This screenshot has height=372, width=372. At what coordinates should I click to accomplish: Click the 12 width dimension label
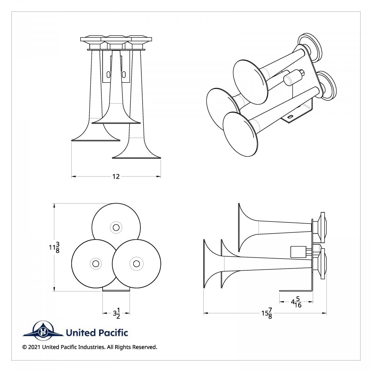[x=116, y=177]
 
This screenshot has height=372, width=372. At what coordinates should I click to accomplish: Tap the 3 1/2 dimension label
[x=116, y=313]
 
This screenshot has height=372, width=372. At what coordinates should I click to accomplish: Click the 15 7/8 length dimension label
[x=267, y=313]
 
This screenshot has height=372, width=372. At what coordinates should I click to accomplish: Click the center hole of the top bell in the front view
[x=116, y=228]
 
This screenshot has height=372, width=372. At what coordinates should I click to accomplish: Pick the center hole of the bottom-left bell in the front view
[x=95, y=263]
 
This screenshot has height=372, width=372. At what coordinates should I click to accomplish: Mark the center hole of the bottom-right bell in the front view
[x=136, y=263]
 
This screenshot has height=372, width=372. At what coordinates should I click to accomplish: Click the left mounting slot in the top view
[x=108, y=74]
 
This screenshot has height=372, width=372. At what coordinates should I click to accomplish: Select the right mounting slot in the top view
[x=124, y=74]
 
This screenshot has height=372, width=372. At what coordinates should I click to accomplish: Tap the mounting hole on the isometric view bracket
[x=290, y=117]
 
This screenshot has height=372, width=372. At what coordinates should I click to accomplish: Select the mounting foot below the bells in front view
[x=116, y=289]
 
